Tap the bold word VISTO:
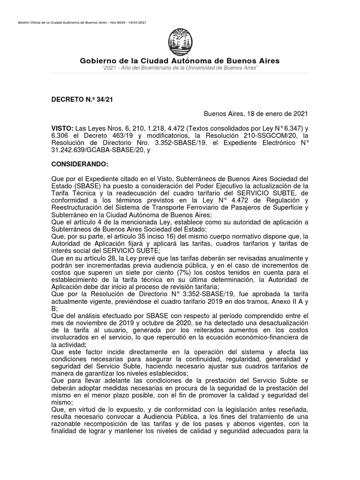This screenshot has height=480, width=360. pyautogui.click(x=62, y=127)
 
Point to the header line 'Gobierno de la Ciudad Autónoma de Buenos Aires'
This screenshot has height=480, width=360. pyautogui.click(x=180, y=61)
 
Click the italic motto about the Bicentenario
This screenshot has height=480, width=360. pyautogui.click(x=180, y=68)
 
